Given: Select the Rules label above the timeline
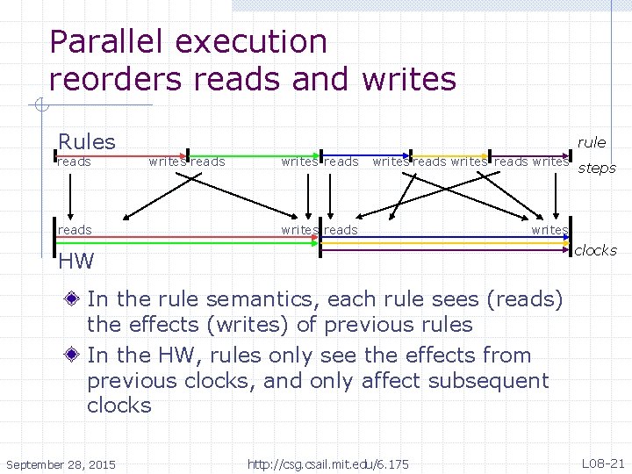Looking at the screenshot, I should pos(86,141).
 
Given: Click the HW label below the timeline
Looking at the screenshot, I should pos(75,261).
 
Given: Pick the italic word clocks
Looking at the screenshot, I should pos(595,250).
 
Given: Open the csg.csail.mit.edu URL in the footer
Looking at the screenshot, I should pos(327,463).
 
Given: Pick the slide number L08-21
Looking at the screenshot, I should pos(602,462).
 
